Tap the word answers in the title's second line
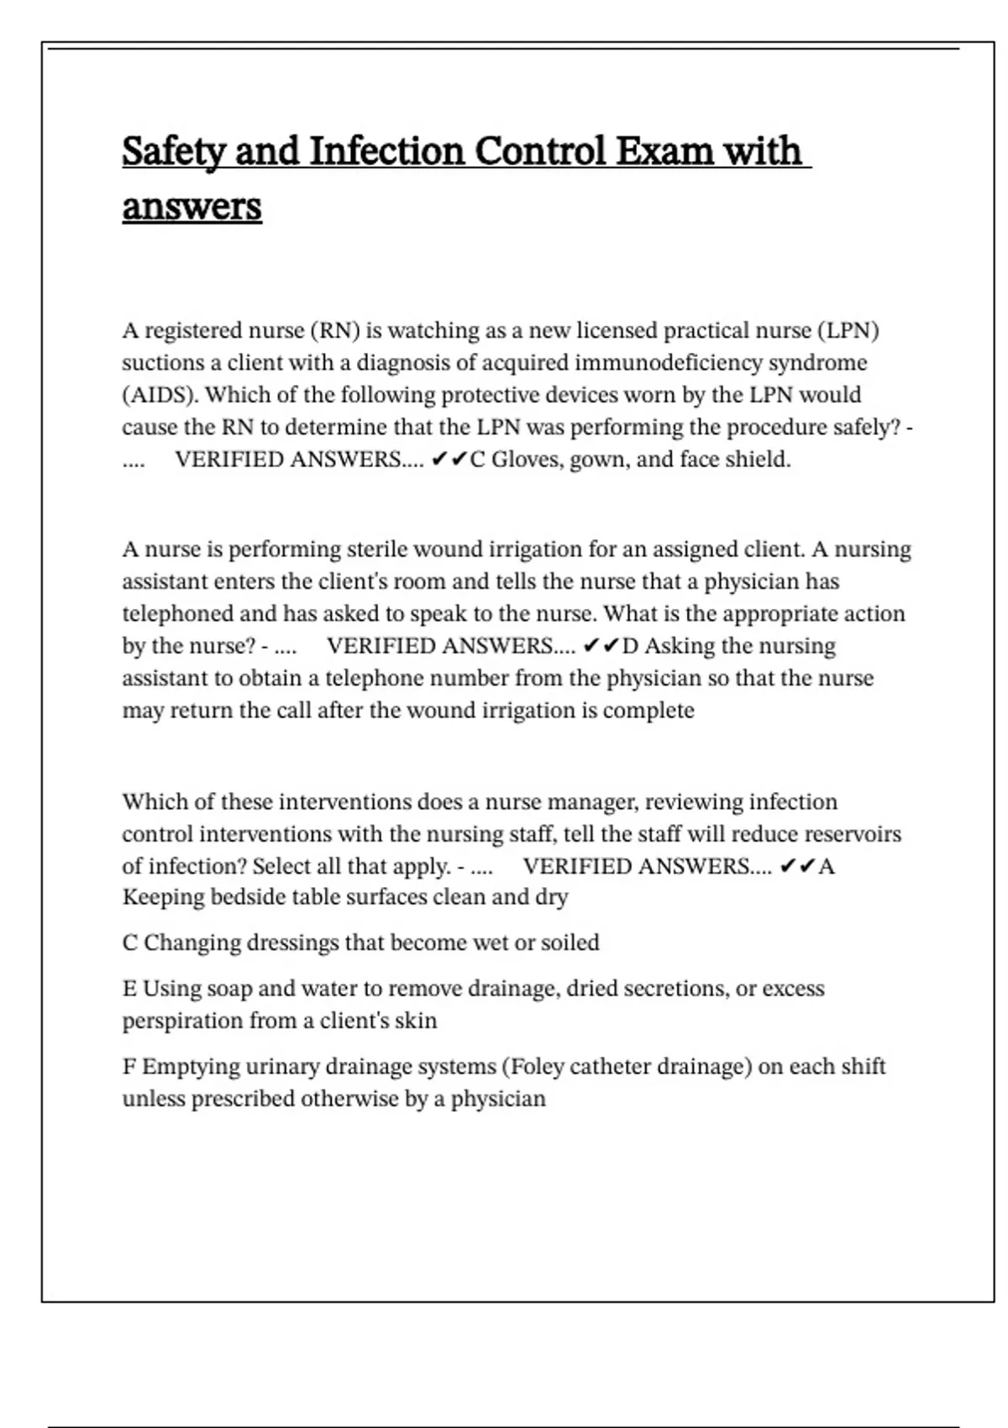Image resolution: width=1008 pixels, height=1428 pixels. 192,207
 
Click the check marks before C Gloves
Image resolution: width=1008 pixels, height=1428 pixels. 449,459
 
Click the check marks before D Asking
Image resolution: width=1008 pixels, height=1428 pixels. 600,646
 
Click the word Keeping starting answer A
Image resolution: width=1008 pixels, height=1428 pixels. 163,898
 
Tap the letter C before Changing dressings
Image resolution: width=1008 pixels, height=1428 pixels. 130,943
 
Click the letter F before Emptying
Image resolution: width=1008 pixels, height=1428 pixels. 129,1067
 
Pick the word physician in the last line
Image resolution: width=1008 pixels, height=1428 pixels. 498,1099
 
